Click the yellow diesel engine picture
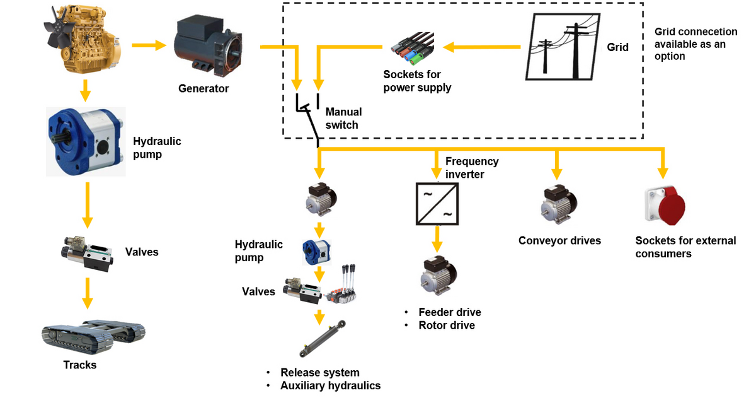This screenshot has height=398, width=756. point(83,39)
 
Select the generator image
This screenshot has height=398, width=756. point(208,45)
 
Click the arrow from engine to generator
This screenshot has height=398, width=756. point(149,45)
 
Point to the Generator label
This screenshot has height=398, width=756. point(203,88)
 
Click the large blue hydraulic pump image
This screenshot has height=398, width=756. point(86,141)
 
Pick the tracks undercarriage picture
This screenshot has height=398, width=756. point(93,336)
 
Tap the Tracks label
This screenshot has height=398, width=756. point(80,365)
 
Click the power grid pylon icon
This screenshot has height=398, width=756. point(563,47)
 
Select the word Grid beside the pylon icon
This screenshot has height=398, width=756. point(617,47)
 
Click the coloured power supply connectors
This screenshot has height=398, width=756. point(413,49)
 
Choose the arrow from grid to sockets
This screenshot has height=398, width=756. point(481,47)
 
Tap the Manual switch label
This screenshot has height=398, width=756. point(343,118)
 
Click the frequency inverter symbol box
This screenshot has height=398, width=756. point(437,204)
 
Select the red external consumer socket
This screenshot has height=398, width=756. point(665,205)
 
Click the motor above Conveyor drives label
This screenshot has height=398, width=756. point(559,204)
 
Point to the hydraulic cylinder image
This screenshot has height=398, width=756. point(323,339)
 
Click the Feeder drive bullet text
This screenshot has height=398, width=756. point(450,312)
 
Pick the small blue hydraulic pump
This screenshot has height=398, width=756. point(316,252)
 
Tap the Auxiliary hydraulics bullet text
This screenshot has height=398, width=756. point(330,385)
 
